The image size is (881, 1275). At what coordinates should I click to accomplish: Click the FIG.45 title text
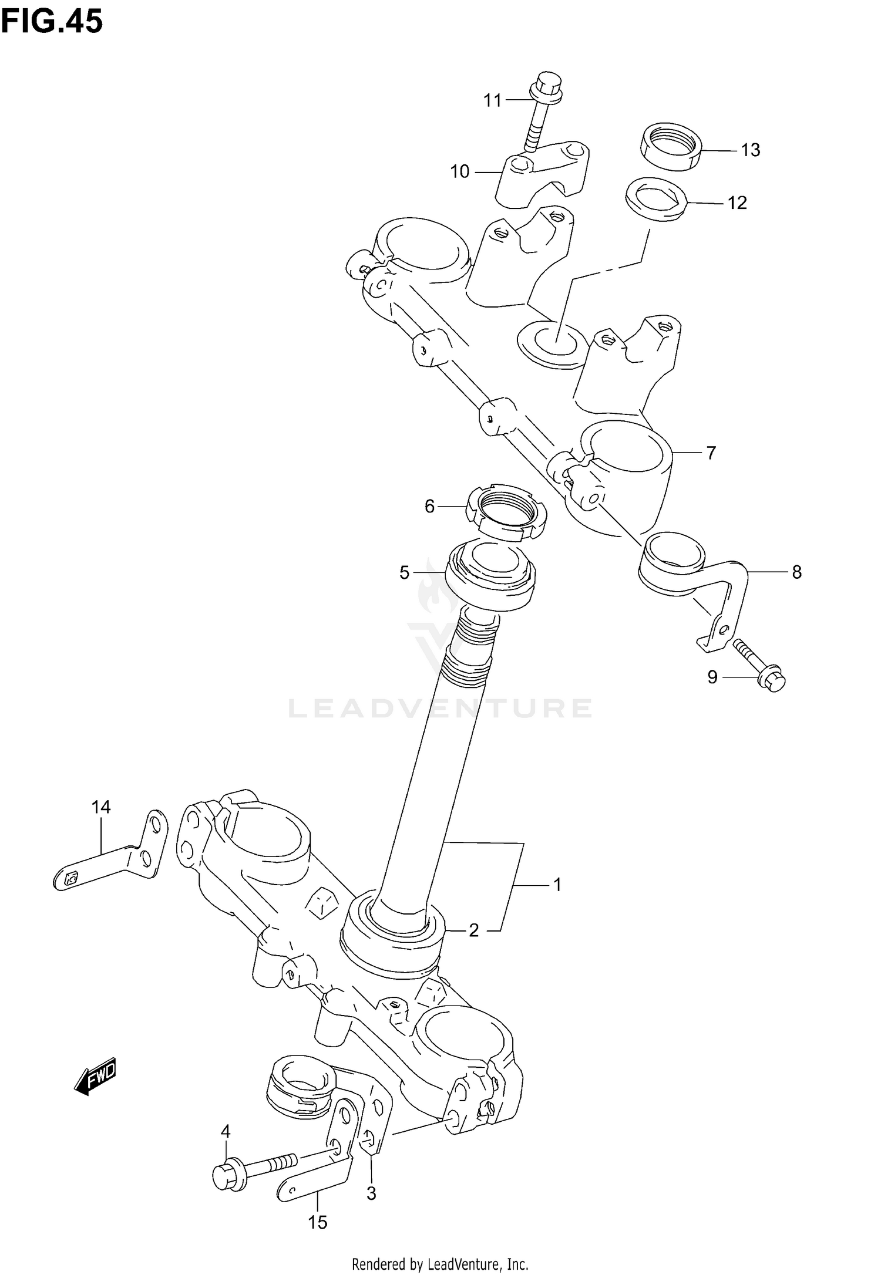coord(52,22)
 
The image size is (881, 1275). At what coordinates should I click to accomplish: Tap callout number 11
coord(492,101)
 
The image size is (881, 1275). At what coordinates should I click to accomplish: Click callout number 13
coord(750,150)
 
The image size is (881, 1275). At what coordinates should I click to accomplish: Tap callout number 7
coord(711,453)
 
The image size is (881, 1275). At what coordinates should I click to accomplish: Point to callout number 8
coord(796,572)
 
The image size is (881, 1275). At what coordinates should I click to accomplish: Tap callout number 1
coord(557,900)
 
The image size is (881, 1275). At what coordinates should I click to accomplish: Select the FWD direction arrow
coord(96,1075)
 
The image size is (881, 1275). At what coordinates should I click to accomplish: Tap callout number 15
coord(317,1222)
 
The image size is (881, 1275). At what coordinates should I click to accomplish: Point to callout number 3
coord(371,1194)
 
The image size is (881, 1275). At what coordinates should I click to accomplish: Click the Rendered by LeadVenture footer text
coord(440,1263)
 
